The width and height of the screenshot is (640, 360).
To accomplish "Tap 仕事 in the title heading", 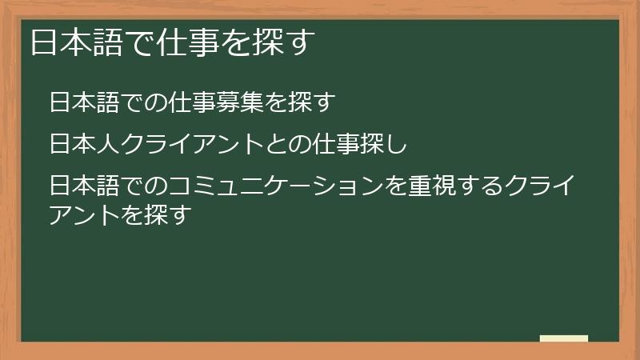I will [x=180, y=42].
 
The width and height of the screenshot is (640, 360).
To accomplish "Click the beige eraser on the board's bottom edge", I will [x=564, y=338].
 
